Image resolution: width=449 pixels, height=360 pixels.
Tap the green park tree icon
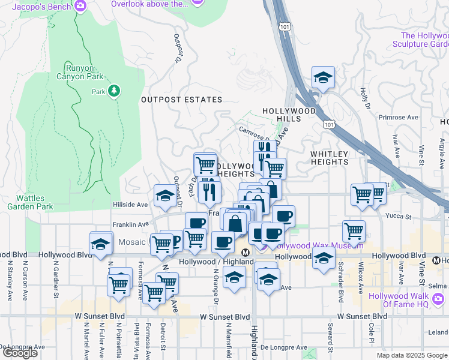[x=113, y=91]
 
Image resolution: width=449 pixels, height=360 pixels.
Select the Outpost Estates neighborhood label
[x=181, y=100]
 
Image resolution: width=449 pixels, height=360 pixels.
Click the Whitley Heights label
[x=330, y=158]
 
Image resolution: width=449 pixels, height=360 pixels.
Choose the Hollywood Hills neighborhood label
[x=289, y=115]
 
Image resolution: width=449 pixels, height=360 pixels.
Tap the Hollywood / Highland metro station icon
[x=245, y=253]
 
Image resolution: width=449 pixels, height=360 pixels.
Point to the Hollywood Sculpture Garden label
[x=420, y=40]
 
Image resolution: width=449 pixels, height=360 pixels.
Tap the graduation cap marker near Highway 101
[x=323, y=77]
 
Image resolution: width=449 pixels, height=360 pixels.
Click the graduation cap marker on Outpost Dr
[x=165, y=195]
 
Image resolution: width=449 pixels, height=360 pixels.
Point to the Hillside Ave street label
[x=130, y=205]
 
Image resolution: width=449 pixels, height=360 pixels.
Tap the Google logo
[x=20, y=353]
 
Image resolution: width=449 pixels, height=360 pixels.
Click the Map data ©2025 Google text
[x=411, y=355]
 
